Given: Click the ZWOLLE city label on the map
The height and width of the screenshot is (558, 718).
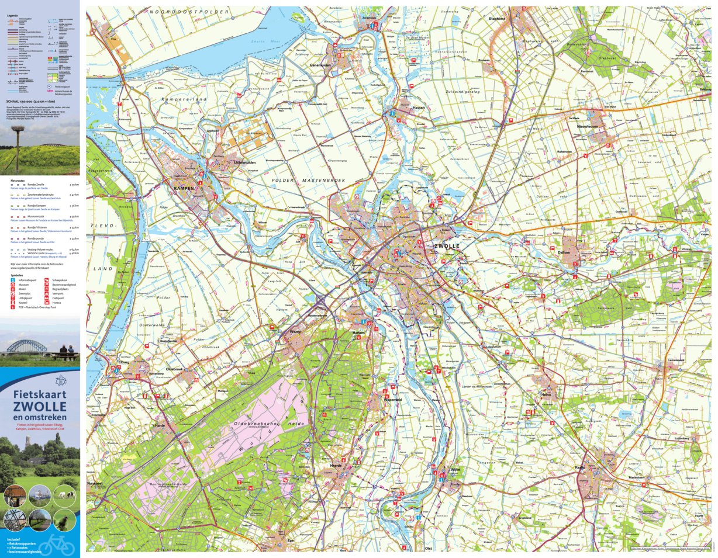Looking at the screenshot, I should point(447,247).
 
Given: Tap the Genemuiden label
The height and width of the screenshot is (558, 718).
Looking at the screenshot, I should point(320,65).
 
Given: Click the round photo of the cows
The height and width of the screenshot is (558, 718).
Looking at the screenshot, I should point(64,495).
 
